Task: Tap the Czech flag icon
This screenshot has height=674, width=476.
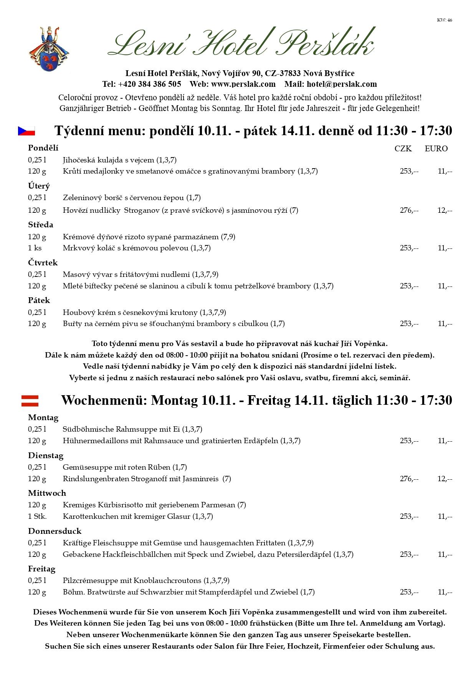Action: pos(26,131)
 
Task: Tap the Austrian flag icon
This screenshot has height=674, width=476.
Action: pos(30,401)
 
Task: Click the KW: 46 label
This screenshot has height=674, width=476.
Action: pos(444,20)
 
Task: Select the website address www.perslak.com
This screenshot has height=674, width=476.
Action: pos(243,84)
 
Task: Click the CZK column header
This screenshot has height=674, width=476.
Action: pos(403,149)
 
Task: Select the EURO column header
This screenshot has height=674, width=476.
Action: pos(436,149)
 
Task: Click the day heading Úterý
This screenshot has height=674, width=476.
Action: pos(39,186)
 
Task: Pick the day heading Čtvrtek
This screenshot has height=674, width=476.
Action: pos(43,263)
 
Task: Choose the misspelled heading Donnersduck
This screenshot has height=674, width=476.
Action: pos(55,531)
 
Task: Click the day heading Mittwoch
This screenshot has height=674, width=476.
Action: pos(47,493)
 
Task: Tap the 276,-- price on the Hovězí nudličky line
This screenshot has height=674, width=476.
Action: pos(409,210)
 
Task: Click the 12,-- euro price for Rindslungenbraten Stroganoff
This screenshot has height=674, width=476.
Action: pos(445,479)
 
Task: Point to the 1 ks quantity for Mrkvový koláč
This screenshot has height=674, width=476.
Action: pos(35,248)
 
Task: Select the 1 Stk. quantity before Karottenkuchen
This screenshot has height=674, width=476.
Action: pos(37,516)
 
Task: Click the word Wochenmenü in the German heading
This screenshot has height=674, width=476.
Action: pos(104,400)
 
